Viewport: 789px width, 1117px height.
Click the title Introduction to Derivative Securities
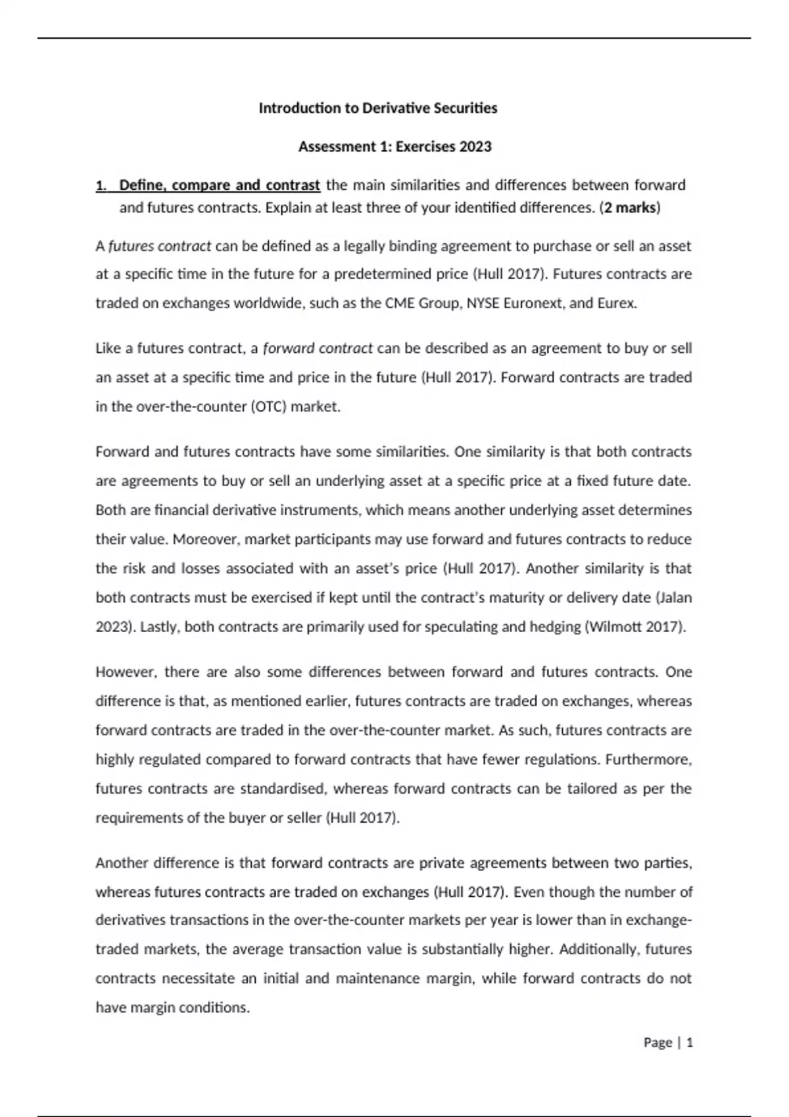pos(377,108)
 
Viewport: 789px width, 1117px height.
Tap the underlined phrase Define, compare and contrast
pos(220,185)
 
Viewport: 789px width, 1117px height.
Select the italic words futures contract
pos(160,246)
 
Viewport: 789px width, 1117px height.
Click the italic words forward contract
pos(318,348)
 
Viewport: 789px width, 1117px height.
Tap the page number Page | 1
pos(668,1043)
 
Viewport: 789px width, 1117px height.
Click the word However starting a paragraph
pos(126,672)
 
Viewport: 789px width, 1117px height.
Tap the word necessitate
pos(198,978)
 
